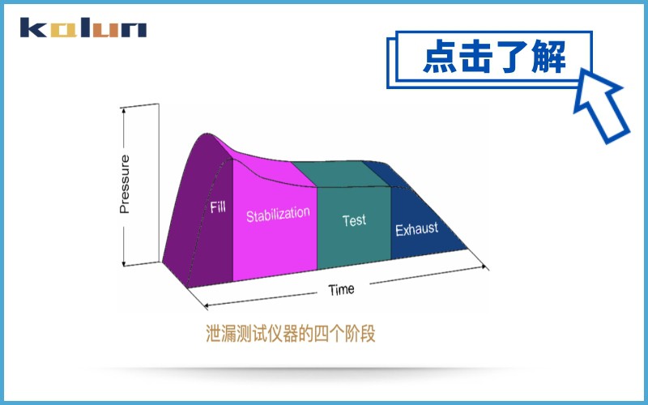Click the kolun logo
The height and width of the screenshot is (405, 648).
click(x=83, y=29)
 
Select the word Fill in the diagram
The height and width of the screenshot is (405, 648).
click(x=218, y=207)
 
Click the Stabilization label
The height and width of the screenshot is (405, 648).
click(x=278, y=215)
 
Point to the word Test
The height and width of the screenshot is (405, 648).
click(x=354, y=220)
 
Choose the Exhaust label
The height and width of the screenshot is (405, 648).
click(x=416, y=229)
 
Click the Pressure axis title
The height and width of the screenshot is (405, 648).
click(x=124, y=185)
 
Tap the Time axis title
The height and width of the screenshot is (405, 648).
click(x=341, y=289)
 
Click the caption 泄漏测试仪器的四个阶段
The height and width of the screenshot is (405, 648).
click(x=291, y=334)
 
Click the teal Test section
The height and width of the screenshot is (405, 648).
click(x=353, y=243)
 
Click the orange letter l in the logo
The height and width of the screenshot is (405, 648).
click(x=86, y=29)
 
